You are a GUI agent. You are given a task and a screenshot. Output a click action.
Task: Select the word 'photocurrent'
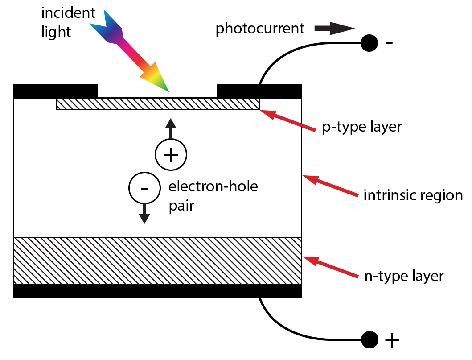pos(260,29)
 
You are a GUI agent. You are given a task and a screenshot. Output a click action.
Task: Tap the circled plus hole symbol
pos(170,155)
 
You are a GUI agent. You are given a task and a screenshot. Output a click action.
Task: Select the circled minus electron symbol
pos(144,188)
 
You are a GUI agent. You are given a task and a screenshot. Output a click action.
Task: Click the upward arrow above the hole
pos(170,129)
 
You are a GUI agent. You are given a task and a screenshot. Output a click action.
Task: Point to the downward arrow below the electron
pos(144,214)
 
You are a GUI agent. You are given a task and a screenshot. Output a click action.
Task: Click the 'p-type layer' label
pos(362,127)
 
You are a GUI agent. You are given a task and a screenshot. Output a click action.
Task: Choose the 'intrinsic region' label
pos(413,195)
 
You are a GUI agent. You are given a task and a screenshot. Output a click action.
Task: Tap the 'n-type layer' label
pos(404,276)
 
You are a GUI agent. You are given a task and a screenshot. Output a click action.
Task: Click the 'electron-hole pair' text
pos(213,196)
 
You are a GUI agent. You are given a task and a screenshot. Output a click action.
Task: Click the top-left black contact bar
pos(56,91)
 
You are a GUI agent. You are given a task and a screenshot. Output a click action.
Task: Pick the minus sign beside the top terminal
pos(389,43)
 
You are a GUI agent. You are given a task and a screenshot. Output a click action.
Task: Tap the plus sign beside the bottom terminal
pos(391,341)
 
